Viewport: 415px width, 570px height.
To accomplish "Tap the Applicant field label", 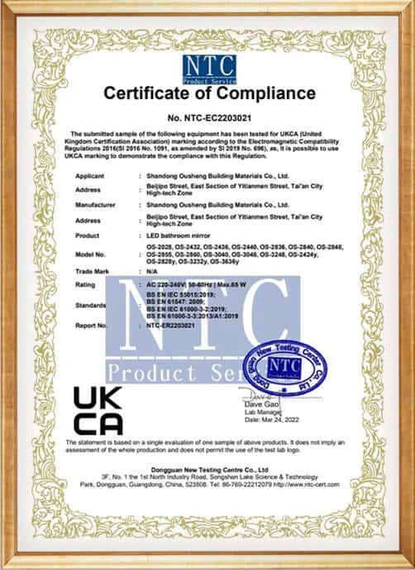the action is (90, 177).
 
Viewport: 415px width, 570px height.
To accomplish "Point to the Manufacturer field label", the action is (96, 203).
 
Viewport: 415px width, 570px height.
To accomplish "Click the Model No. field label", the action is (91, 254).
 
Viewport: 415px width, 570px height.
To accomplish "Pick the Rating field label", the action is (87, 283).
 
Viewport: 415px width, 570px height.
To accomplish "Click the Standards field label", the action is (92, 304).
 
